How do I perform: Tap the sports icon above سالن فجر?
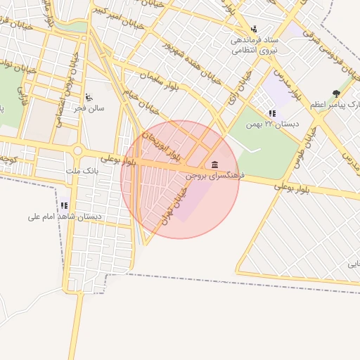[x=89, y=98]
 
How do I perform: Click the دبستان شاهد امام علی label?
[x=65, y=217]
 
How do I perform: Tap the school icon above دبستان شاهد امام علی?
[x=64, y=206]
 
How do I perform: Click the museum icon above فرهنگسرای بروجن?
[x=214, y=165]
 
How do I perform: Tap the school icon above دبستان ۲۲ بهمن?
[x=272, y=113]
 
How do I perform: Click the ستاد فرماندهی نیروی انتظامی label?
[x=255, y=45]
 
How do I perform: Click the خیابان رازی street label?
[x=244, y=89]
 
